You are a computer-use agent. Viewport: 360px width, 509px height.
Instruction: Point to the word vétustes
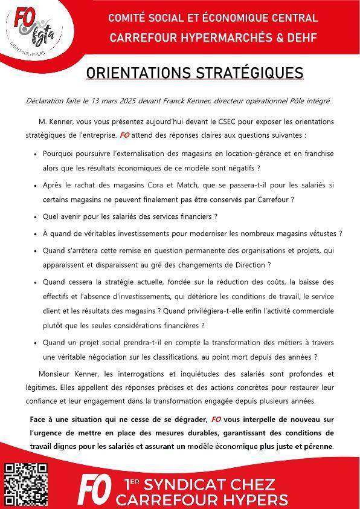[x=320, y=233]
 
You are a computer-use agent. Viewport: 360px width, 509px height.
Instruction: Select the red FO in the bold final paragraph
[x=216, y=419]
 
